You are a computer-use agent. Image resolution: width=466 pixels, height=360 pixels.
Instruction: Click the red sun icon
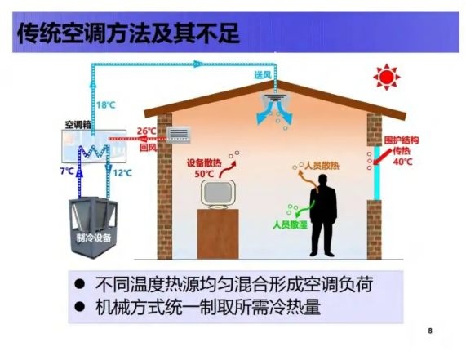(x=386, y=77)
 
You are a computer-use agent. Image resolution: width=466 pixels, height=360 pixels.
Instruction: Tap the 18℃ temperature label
(x=105, y=105)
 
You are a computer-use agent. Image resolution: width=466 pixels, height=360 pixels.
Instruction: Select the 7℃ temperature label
(x=67, y=171)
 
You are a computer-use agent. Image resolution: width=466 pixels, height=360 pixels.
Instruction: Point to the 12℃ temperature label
(x=122, y=173)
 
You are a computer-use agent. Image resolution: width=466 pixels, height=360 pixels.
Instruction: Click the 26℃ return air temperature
(x=147, y=131)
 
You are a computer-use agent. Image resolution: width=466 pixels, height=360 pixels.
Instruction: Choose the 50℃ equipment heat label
(x=204, y=174)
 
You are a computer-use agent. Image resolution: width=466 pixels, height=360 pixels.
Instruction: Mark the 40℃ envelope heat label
(x=402, y=162)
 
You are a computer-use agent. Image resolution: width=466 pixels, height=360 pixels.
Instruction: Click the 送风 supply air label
(x=263, y=75)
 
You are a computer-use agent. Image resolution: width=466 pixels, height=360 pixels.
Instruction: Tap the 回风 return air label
(x=148, y=148)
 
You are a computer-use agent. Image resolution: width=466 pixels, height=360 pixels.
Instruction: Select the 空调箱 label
(x=78, y=125)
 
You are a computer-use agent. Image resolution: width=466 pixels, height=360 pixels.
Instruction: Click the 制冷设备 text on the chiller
(x=94, y=238)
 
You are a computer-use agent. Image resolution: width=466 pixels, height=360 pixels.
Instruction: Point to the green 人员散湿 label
(x=290, y=224)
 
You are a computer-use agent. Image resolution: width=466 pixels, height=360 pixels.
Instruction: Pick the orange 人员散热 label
(x=322, y=166)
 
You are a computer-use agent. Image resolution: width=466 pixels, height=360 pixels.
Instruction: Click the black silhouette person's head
(x=322, y=180)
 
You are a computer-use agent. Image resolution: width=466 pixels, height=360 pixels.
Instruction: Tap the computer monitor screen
(x=218, y=193)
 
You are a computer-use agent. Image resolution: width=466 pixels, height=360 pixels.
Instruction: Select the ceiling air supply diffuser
(x=274, y=98)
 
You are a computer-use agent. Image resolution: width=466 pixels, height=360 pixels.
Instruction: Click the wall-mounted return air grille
(x=178, y=136)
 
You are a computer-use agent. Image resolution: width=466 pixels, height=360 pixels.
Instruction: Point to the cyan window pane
(x=376, y=173)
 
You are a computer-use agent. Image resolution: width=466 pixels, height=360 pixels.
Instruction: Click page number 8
(x=430, y=331)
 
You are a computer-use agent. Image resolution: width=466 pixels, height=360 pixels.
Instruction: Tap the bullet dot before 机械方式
(x=80, y=307)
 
